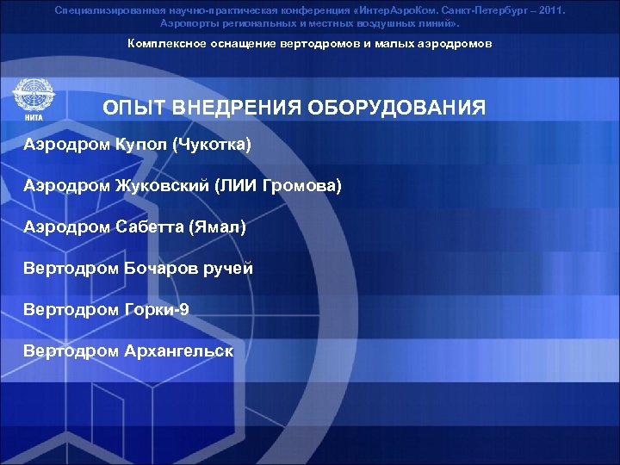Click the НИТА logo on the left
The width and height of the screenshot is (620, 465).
[31, 100]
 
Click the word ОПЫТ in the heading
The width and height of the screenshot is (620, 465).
[130, 108]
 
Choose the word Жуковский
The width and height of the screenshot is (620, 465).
[161, 185]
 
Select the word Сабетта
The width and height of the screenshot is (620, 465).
[151, 226]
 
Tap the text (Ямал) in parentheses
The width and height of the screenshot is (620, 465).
[219, 226]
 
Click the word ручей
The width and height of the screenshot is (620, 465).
[229, 268]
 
